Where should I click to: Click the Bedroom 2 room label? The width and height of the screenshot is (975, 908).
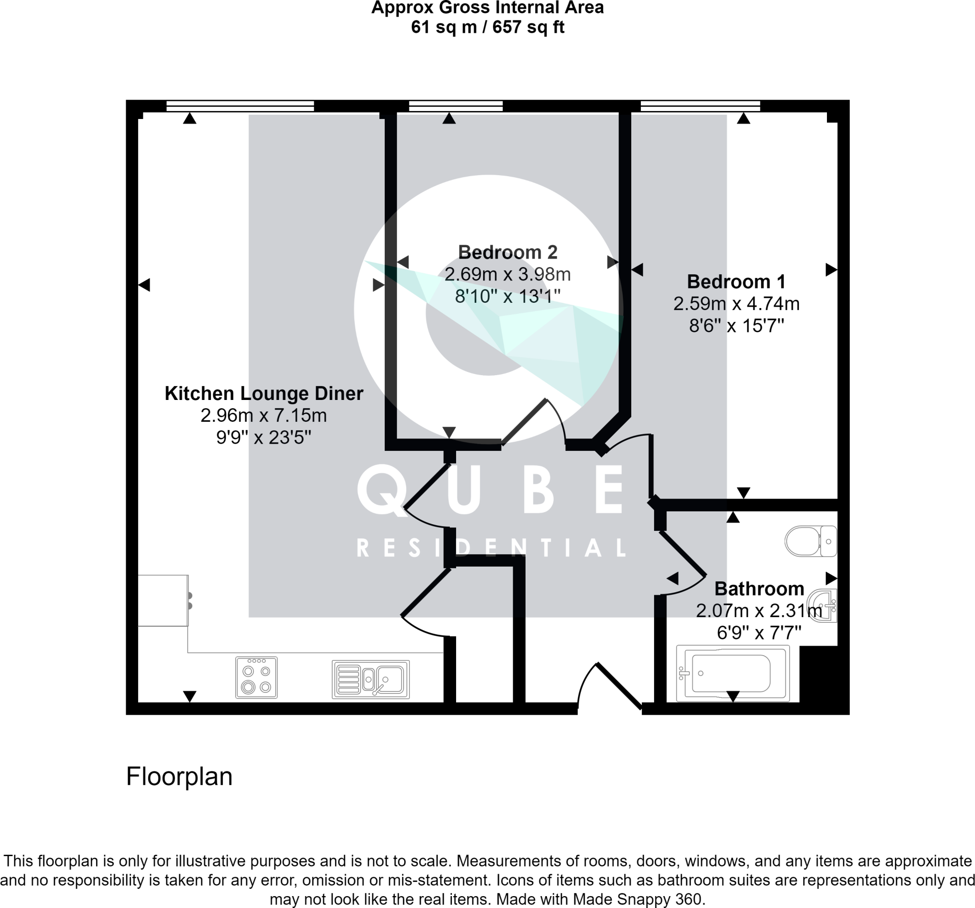point(507,252)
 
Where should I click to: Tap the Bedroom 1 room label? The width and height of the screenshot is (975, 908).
point(736,281)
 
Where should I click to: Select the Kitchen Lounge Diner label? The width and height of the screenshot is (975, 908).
point(264,393)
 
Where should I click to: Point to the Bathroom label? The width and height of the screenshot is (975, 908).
point(759,589)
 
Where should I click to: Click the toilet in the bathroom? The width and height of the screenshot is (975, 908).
point(810,541)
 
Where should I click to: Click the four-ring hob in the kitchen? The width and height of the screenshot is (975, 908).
point(257,678)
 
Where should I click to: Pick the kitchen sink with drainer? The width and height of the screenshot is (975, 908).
point(371,679)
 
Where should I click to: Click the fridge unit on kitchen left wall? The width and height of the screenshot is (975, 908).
point(163,600)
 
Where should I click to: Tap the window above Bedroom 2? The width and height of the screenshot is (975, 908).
point(456,106)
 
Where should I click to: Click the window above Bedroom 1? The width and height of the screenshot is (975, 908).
point(700,106)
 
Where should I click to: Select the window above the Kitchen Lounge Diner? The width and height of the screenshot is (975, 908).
point(240,106)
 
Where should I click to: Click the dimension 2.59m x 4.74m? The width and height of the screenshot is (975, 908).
point(736,304)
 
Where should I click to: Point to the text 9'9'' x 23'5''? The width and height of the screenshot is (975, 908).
point(264,437)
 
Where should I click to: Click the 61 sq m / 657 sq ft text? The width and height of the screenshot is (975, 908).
point(487,27)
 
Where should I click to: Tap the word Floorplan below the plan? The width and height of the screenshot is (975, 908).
point(179,777)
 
